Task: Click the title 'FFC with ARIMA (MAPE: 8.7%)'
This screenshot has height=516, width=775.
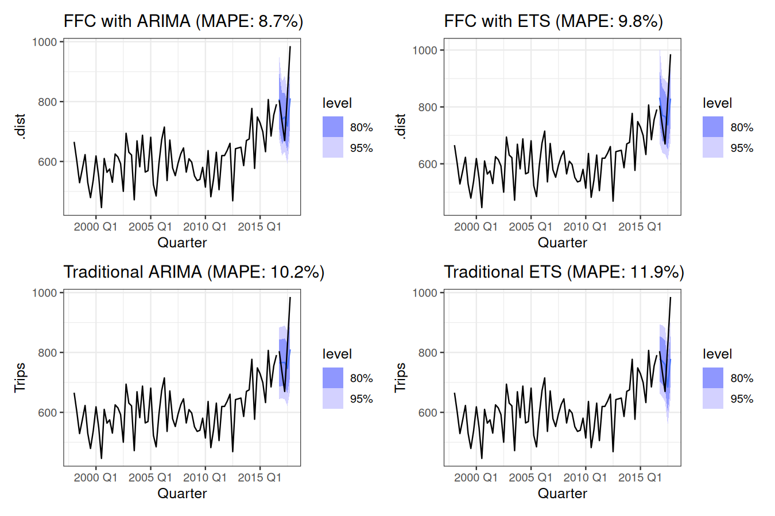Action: (183, 21)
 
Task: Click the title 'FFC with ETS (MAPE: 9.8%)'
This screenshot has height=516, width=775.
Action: (553, 21)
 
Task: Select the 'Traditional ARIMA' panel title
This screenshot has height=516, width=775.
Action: (193, 272)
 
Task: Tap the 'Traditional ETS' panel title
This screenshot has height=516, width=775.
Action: (564, 272)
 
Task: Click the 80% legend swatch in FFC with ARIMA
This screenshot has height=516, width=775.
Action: (332, 127)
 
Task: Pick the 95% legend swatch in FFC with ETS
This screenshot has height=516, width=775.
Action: (713, 148)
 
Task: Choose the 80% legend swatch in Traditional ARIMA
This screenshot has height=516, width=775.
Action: (332, 378)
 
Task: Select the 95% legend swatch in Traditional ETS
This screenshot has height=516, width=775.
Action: (713, 398)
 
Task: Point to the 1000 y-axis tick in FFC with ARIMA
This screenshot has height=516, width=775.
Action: (45, 42)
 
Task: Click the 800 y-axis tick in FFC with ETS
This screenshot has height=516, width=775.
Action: (425, 107)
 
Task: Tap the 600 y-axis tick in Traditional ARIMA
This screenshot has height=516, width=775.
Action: (47, 413)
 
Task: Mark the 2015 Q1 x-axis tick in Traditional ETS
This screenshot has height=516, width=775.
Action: (640, 478)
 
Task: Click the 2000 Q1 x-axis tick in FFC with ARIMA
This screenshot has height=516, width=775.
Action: (95, 226)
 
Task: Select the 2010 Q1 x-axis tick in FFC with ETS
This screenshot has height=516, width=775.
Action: (585, 226)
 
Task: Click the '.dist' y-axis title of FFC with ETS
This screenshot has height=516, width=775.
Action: (401, 127)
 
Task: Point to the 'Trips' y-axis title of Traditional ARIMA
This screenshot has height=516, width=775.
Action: (20, 377)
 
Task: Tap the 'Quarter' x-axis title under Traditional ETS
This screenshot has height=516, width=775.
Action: (562, 494)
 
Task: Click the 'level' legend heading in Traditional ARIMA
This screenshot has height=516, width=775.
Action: (337, 354)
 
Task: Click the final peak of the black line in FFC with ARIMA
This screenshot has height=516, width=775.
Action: (290, 47)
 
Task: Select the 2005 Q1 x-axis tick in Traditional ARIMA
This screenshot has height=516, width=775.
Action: (150, 478)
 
